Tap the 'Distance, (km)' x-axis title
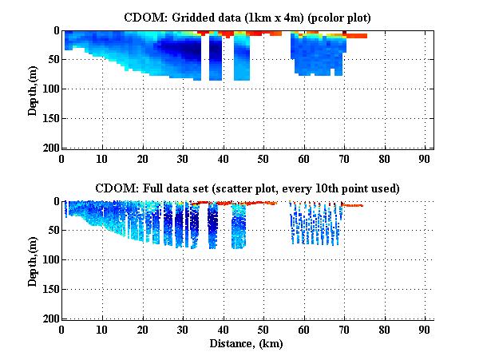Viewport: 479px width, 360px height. (247, 344)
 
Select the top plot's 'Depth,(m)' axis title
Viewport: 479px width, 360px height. (33, 89)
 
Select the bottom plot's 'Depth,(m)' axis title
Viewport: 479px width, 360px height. (33, 260)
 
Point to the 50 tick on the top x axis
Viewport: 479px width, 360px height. (263, 160)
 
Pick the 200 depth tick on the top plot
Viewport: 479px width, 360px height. (49, 148)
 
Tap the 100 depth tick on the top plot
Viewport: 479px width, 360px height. (49, 89)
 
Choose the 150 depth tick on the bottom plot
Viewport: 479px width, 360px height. (49, 289)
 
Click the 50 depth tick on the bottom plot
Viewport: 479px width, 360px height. (52, 231)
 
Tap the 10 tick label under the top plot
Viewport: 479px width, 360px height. (102, 160)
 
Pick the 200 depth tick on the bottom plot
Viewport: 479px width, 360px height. (49, 318)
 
